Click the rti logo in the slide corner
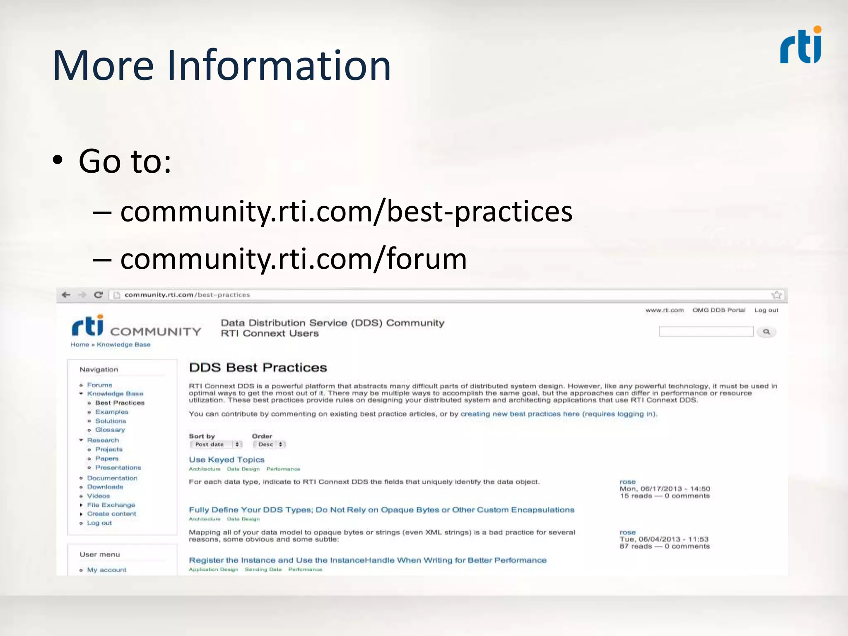tap(800, 46)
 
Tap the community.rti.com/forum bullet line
tap(293, 259)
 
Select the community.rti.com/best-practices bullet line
tap(346, 212)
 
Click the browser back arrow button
tap(66, 295)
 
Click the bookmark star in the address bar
tap(776, 295)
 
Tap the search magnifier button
tap(766, 332)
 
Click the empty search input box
tap(706, 332)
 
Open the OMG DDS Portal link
tap(719, 310)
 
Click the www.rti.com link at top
tap(665, 310)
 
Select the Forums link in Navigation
tap(99, 385)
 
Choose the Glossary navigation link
tap(110, 430)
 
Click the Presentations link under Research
tap(118, 467)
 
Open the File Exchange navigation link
tap(111, 505)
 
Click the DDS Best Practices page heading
tap(258, 368)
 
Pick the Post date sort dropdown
tap(216, 444)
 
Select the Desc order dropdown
tap(270, 444)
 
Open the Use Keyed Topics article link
tap(226, 460)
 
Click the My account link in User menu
tap(106, 570)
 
